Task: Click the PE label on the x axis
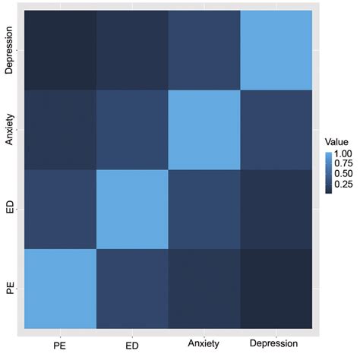(61, 346)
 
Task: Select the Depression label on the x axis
(277, 346)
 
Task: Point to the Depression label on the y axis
(10, 49)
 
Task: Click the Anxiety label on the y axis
(10, 129)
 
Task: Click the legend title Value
(335, 141)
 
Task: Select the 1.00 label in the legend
(346, 154)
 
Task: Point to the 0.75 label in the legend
(346, 165)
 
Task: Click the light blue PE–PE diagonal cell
(61, 289)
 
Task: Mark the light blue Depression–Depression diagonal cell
(277, 49)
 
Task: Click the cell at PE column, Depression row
(61, 49)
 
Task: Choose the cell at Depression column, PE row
(277, 289)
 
